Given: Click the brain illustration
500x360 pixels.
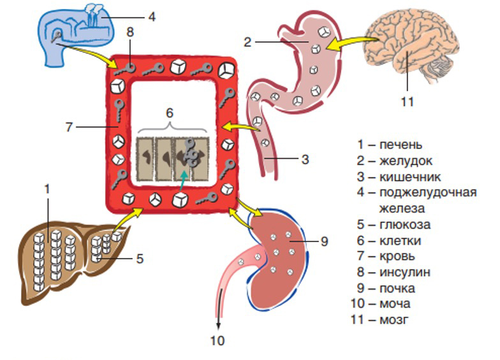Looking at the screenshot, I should pos(415,48).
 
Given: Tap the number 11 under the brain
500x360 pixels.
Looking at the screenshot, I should pos(408,101).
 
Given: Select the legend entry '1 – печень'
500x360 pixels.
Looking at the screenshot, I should pos(390,145).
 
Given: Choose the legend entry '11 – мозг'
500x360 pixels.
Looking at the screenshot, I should pos(381,320).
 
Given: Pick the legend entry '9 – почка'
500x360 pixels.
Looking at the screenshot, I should pos(386,288).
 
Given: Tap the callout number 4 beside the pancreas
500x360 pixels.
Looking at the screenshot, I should pos(151,16).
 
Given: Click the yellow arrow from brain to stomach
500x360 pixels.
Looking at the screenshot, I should pos(349,43).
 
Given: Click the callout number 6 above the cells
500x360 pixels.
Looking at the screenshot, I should pos(170,112).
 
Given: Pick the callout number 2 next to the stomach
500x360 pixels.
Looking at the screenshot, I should pos(248,43).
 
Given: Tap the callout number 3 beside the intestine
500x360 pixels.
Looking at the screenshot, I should pos(305,159).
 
